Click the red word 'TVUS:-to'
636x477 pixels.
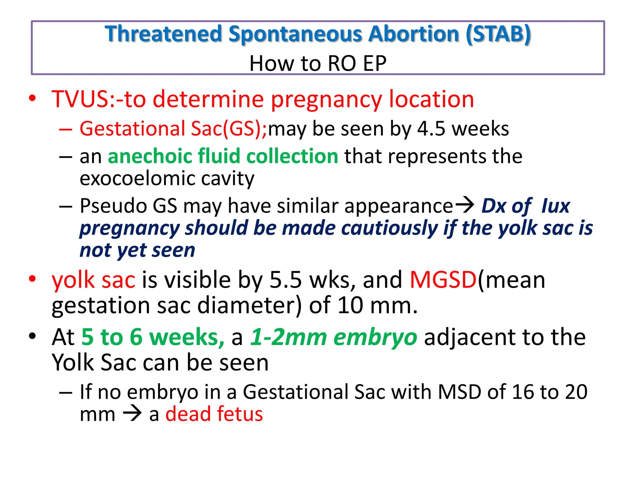pos(99,99)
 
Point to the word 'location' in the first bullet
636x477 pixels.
pos(432,99)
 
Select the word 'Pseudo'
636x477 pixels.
pos(113,206)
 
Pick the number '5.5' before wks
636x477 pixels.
pos(285,280)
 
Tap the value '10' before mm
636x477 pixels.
pos(350,305)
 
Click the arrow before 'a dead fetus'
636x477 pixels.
pos(132,414)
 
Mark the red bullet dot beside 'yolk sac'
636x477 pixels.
pos(32,279)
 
